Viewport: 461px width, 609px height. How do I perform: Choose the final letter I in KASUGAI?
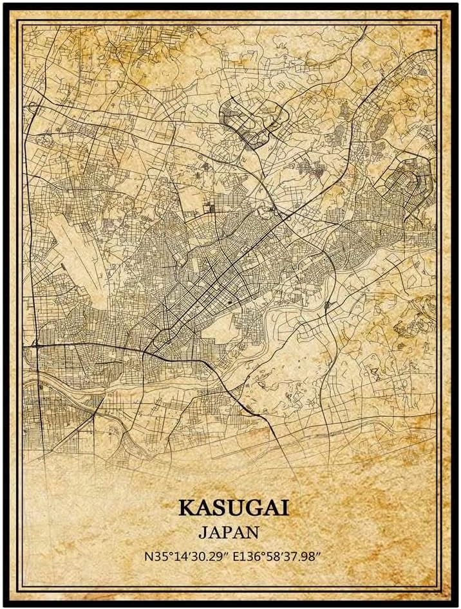pyautogui.click(x=285, y=507)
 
